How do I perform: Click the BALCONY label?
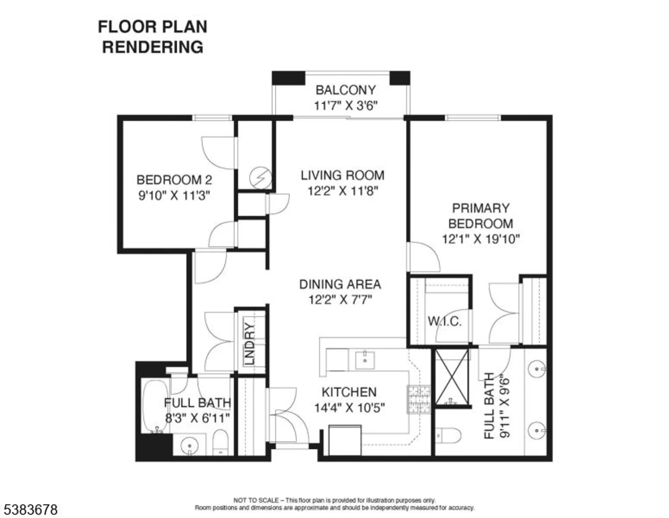345,90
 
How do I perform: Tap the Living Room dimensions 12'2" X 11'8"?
343,191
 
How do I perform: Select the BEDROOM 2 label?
174,180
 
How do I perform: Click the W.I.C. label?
445,322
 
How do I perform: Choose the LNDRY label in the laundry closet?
249,343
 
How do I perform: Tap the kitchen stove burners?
419,399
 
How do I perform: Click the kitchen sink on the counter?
365,360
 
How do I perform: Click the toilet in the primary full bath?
449,435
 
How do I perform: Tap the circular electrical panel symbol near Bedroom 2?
260,178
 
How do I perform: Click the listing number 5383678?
31,510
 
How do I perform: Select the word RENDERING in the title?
152,47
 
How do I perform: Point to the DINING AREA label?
340,284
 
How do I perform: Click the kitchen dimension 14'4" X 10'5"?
349,408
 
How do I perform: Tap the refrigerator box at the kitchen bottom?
345,440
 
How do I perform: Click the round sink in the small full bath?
189,446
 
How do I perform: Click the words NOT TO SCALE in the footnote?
256,500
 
